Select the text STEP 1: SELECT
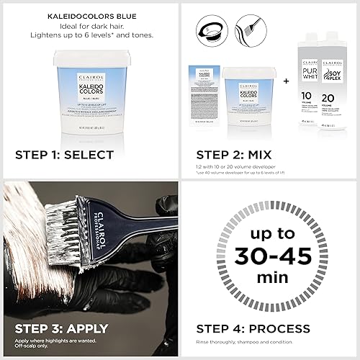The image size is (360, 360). click(64, 154)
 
